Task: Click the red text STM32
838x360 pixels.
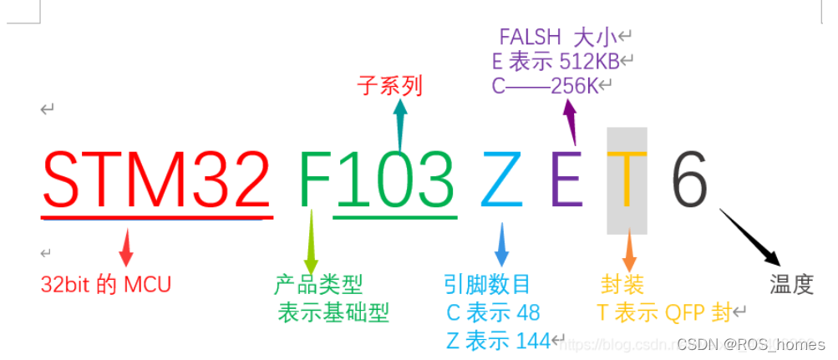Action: (x=156, y=180)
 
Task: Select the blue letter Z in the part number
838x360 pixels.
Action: (x=501, y=180)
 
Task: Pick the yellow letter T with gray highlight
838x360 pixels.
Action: (x=627, y=180)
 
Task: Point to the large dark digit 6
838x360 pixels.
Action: (x=690, y=180)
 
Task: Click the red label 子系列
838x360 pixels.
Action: (x=389, y=85)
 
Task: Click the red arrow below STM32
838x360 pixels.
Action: (x=126, y=247)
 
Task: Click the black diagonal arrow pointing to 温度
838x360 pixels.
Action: (x=750, y=237)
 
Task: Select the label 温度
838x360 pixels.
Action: (x=791, y=285)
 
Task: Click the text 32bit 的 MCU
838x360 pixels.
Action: (x=105, y=284)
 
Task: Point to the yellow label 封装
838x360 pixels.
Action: (x=622, y=284)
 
